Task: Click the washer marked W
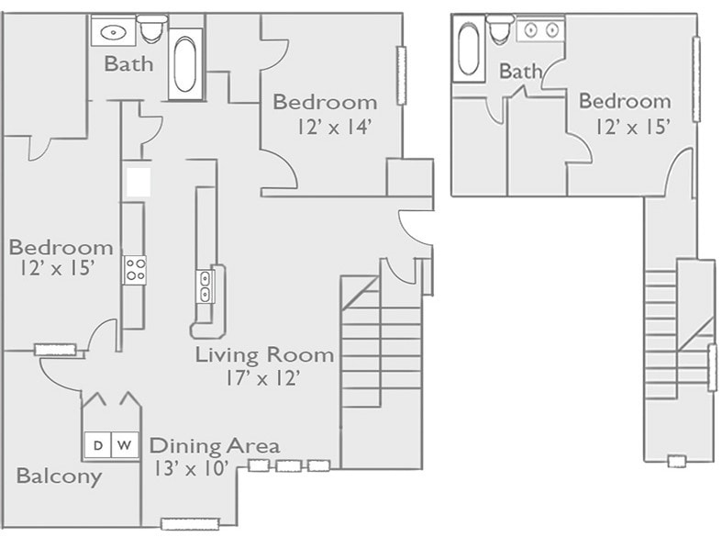tap(127, 445)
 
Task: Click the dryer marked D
tap(98, 445)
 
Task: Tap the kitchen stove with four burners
tap(135, 270)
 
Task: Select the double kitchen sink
tap(205, 285)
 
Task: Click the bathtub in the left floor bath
tap(185, 63)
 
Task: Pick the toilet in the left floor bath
tap(152, 30)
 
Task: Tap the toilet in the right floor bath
tap(501, 30)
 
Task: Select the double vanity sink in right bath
tap(539, 30)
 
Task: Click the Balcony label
tap(59, 476)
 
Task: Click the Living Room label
tap(264, 354)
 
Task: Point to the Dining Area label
tap(215, 446)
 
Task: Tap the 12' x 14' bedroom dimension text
tap(334, 128)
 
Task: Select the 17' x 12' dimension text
tap(263, 377)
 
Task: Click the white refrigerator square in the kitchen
tap(139, 181)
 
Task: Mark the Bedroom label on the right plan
tap(625, 101)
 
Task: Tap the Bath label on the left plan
tap(128, 64)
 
